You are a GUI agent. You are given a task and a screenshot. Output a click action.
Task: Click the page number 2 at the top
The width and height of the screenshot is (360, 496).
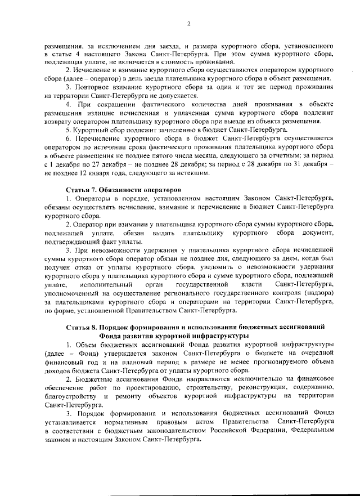[x=189, y=24]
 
